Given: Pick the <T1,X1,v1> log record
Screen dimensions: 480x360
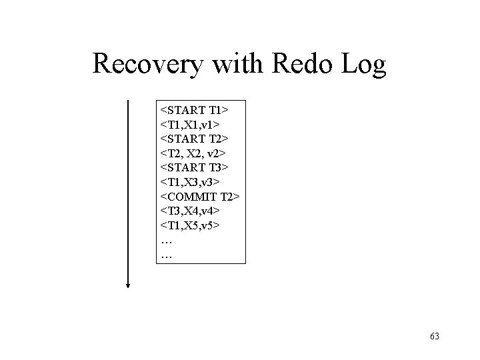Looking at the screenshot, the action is (x=191, y=123).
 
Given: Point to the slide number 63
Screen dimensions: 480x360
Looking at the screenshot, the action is (x=435, y=336).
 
